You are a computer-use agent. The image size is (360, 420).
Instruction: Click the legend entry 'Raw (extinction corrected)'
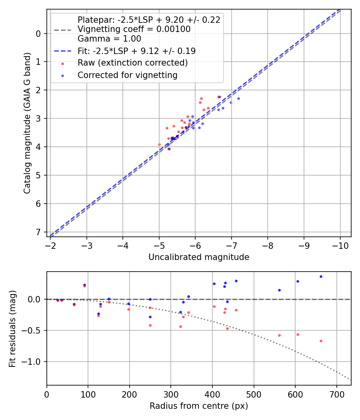[x=132, y=63]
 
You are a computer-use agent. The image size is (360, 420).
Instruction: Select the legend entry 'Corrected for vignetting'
[x=128, y=75]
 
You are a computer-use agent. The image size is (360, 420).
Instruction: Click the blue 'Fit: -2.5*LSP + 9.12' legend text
[x=136, y=51]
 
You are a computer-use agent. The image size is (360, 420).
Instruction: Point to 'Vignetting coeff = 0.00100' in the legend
[x=134, y=29]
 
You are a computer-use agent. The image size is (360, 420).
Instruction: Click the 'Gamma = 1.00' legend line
[x=109, y=39]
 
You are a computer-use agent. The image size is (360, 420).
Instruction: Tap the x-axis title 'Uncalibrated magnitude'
[x=199, y=257]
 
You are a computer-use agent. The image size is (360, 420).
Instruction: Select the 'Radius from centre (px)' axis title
[x=199, y=406]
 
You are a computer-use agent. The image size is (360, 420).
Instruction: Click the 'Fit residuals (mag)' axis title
[x=12, y=328]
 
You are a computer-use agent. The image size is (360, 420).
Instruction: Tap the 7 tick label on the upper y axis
[x=38, y=232]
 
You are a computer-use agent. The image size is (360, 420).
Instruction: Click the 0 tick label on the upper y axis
[x=38, y=33]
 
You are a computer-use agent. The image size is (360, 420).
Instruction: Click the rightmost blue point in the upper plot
[x=238, y=98]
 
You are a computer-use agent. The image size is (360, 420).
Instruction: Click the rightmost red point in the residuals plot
[x=321, y=341]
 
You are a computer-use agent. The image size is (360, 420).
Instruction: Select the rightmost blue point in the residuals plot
[x=321, y=276]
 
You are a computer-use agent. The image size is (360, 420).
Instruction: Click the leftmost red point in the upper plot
[x=159, y=144]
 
